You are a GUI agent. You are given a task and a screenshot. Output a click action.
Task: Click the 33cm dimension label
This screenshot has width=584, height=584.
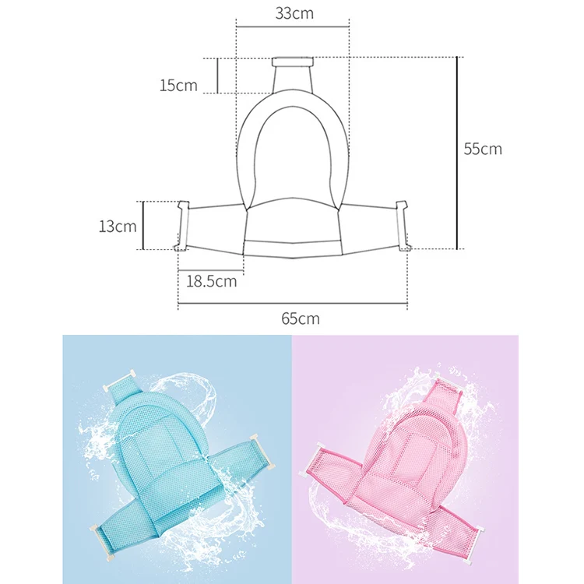[x=294, y=13]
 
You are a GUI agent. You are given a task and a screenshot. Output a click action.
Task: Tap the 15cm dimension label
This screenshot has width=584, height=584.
[x=178, y=86]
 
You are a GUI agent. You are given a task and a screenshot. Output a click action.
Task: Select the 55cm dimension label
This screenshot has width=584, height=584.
[x=483, y=149]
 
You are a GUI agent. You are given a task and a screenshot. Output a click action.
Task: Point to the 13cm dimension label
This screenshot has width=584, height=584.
[x=118, y=226]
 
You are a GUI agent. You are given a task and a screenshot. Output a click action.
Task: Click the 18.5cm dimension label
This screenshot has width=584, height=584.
[x=212, y=281]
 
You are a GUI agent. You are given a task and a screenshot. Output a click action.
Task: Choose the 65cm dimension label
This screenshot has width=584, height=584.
[x=301, y=318]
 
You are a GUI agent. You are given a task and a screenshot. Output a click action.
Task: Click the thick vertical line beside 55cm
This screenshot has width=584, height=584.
[x=457, y=153]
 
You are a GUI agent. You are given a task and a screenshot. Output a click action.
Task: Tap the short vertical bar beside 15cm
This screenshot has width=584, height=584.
[x=217, y=76]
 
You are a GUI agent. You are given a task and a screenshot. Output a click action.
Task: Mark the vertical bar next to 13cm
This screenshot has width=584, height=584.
[x=143, y=225]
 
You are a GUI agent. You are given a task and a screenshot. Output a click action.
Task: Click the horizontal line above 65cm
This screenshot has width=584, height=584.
[x=293, y=304]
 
